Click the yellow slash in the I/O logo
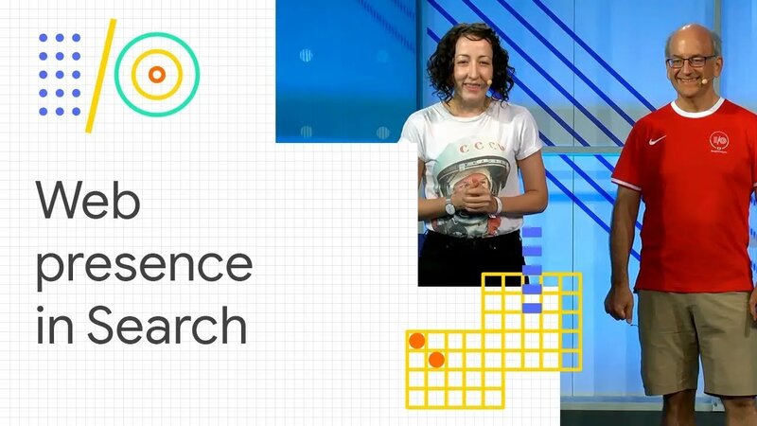101,75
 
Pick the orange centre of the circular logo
157,74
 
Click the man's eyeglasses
691,61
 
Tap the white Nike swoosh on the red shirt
658,139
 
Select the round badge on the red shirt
719,142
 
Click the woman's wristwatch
450,206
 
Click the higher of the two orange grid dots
416,340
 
